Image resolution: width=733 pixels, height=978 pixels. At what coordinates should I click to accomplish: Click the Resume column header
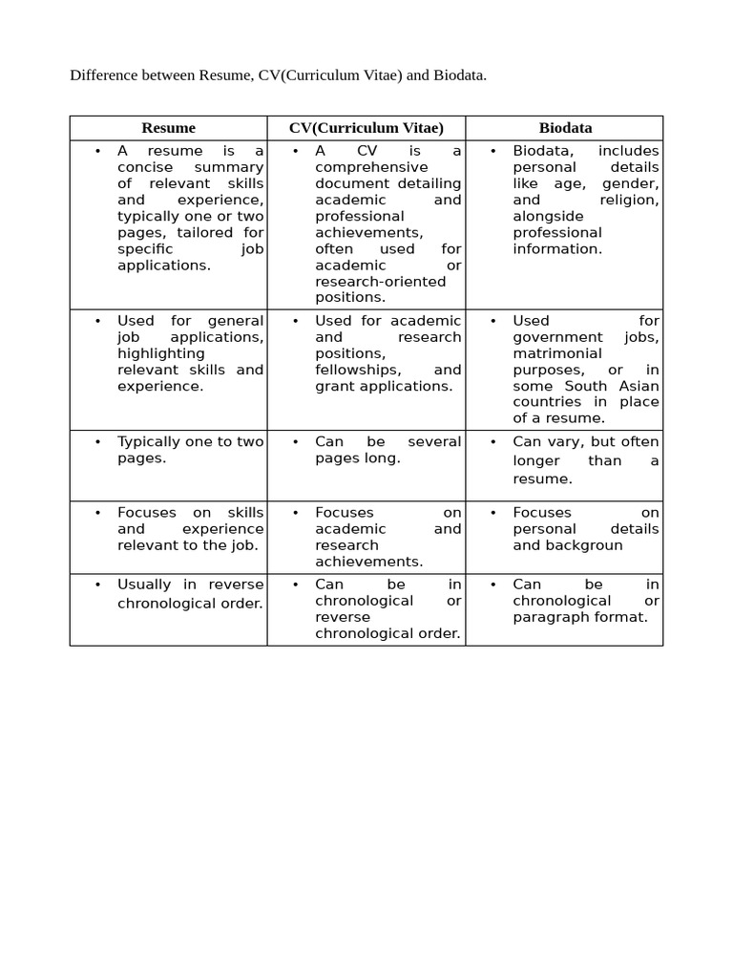coord(168,128)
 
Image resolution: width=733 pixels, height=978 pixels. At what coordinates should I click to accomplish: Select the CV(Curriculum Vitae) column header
coord(366,128)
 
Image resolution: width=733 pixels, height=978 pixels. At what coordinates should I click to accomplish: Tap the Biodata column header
coord(565,128)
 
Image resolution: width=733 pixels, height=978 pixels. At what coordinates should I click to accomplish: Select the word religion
coord(629,200)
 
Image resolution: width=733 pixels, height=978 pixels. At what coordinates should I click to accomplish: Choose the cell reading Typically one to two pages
coord(190,450)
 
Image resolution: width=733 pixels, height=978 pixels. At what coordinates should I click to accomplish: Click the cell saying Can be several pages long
coord(387,450)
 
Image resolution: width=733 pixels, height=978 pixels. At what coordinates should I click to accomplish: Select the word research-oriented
coord(380,281)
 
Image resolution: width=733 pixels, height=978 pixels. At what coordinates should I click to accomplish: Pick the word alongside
coord(548,216)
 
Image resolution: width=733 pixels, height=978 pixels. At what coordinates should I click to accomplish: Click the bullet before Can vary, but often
coord(492,442)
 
